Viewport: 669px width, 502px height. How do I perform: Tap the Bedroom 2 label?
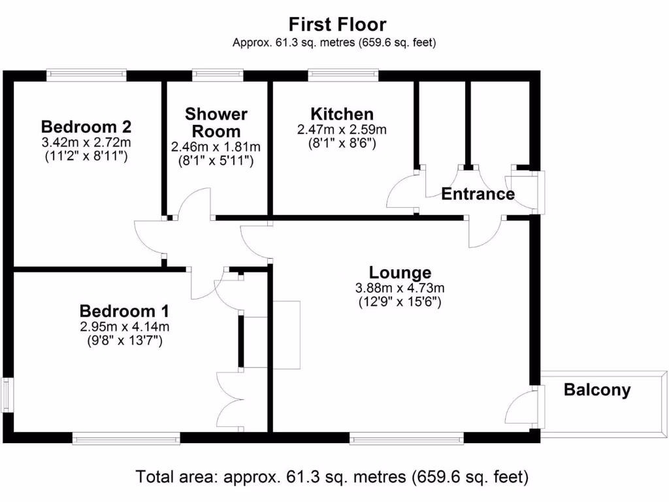[x=86, y=126]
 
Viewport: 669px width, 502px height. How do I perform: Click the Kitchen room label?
[x=342, y=114]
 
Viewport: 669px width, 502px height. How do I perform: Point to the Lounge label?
[x=400, y=273]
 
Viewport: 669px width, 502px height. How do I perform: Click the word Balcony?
[x=597, y=390]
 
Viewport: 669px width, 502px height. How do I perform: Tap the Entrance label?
[x=478, y=194]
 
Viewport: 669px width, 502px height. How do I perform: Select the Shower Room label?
[x=216, y=122]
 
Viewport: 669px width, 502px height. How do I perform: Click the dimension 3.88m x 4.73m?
[x=400, y=288]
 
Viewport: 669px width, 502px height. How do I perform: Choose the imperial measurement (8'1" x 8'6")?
[x=342, y=142]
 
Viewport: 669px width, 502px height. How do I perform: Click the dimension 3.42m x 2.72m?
[x=86, y=142]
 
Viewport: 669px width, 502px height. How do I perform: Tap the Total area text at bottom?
[x=332, y=477]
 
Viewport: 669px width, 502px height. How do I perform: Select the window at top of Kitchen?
[x=343, y=75]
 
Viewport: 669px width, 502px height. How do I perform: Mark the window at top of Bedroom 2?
[x=87, y=75]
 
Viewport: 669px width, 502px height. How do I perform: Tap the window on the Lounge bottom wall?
[x=406, y=439]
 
